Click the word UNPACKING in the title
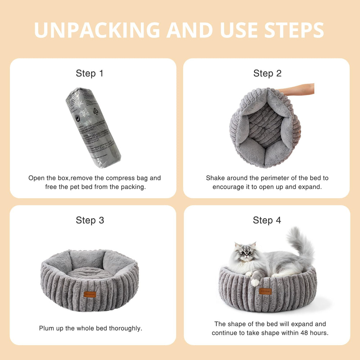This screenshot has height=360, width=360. [x=97, y=30]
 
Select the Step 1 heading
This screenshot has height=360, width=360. [x=89, y=73]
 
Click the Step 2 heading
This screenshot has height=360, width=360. [x=267, y=73]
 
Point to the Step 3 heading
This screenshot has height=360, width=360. [x=90, y=220]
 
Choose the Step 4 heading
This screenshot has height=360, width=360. [x=267, y=220]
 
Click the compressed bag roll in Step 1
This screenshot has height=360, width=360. [x=93, y=128]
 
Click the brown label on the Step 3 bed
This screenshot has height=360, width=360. [x=90, y=294]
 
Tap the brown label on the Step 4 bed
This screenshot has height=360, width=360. [x=265, y=291]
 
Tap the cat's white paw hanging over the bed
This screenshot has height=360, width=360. [x=255, y=282]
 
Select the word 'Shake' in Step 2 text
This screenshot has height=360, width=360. [x=215, y=178]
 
